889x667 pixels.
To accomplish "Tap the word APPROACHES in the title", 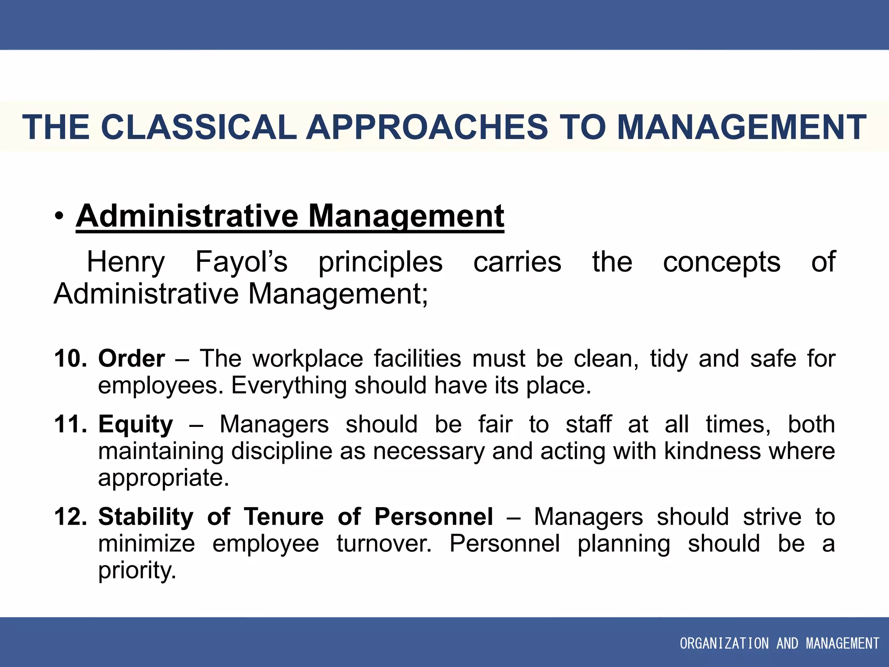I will coord(427,127).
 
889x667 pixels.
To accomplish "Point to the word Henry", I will coord(126,262).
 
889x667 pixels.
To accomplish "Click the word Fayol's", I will coord(241,262).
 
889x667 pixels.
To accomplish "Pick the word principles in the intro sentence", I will coord(380,262).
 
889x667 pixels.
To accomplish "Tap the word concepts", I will coord(721,262).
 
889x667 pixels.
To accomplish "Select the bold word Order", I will coord(132,359).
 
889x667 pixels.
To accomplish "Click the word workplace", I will coord(308,359).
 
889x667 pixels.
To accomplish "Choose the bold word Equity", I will coord(135,424).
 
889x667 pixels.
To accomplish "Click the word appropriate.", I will coord(163,478).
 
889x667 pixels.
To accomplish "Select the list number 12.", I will coord(70,517).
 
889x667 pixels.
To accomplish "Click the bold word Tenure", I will coord(283,517).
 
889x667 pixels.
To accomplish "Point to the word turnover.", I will coord(384,544).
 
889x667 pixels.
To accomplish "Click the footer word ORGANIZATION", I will coord(724,643).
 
